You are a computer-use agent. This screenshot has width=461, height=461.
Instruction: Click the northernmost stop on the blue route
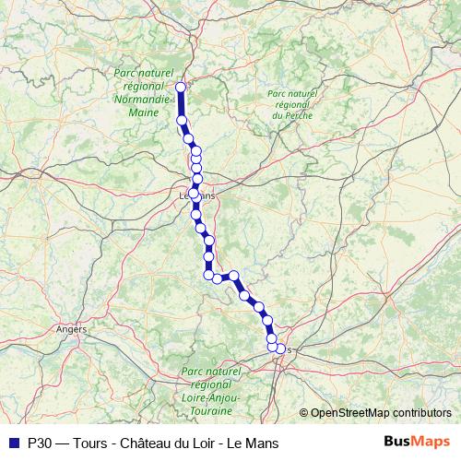click(x=181, y=87)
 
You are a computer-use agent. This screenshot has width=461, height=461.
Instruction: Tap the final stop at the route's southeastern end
click(x=280, y=349)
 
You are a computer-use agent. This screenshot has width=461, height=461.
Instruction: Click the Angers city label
click(x=71, y=328)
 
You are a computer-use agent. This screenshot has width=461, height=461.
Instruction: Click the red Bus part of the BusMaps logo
click(x=397, y=442)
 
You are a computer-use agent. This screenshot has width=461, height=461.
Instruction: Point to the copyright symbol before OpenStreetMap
click(x=304, y=412)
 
